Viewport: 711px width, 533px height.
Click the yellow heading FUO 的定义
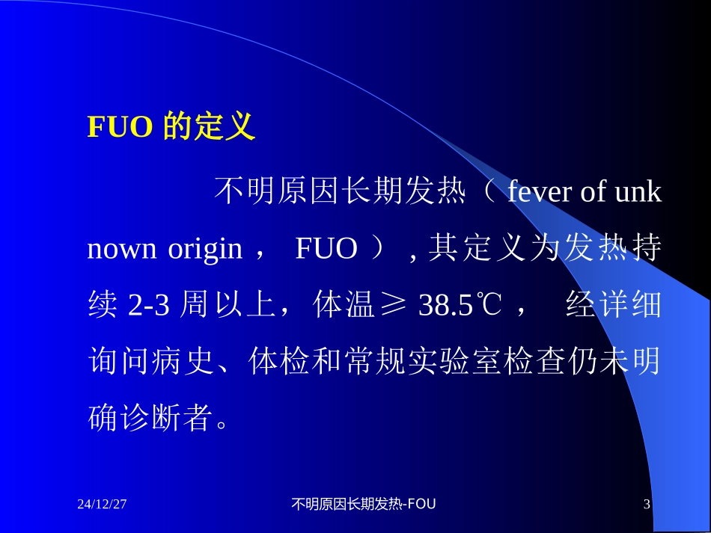(171, 129)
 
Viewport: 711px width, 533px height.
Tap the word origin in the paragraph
(201, 249)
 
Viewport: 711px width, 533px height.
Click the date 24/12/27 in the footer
(101, 505)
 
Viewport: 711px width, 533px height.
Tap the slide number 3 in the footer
(647, 505)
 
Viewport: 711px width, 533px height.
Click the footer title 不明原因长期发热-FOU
(363, 505)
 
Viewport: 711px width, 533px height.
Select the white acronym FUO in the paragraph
(326, 249)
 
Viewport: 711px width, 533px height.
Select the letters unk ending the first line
(638, 193)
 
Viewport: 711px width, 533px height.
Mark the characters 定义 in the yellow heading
(225, 129)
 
